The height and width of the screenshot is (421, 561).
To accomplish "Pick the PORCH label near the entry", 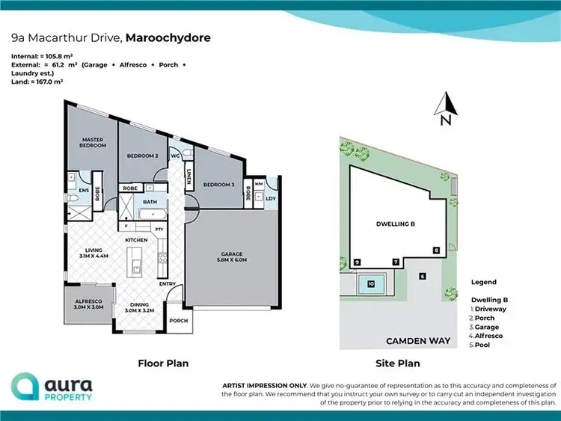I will click(178, 321).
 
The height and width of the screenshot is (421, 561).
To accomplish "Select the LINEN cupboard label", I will click(188, 177).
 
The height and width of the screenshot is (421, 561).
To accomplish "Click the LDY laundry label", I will click(270, 199).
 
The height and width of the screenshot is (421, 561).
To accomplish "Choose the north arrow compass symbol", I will click(444, 108).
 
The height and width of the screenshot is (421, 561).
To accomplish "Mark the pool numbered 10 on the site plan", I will click(371, 283).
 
